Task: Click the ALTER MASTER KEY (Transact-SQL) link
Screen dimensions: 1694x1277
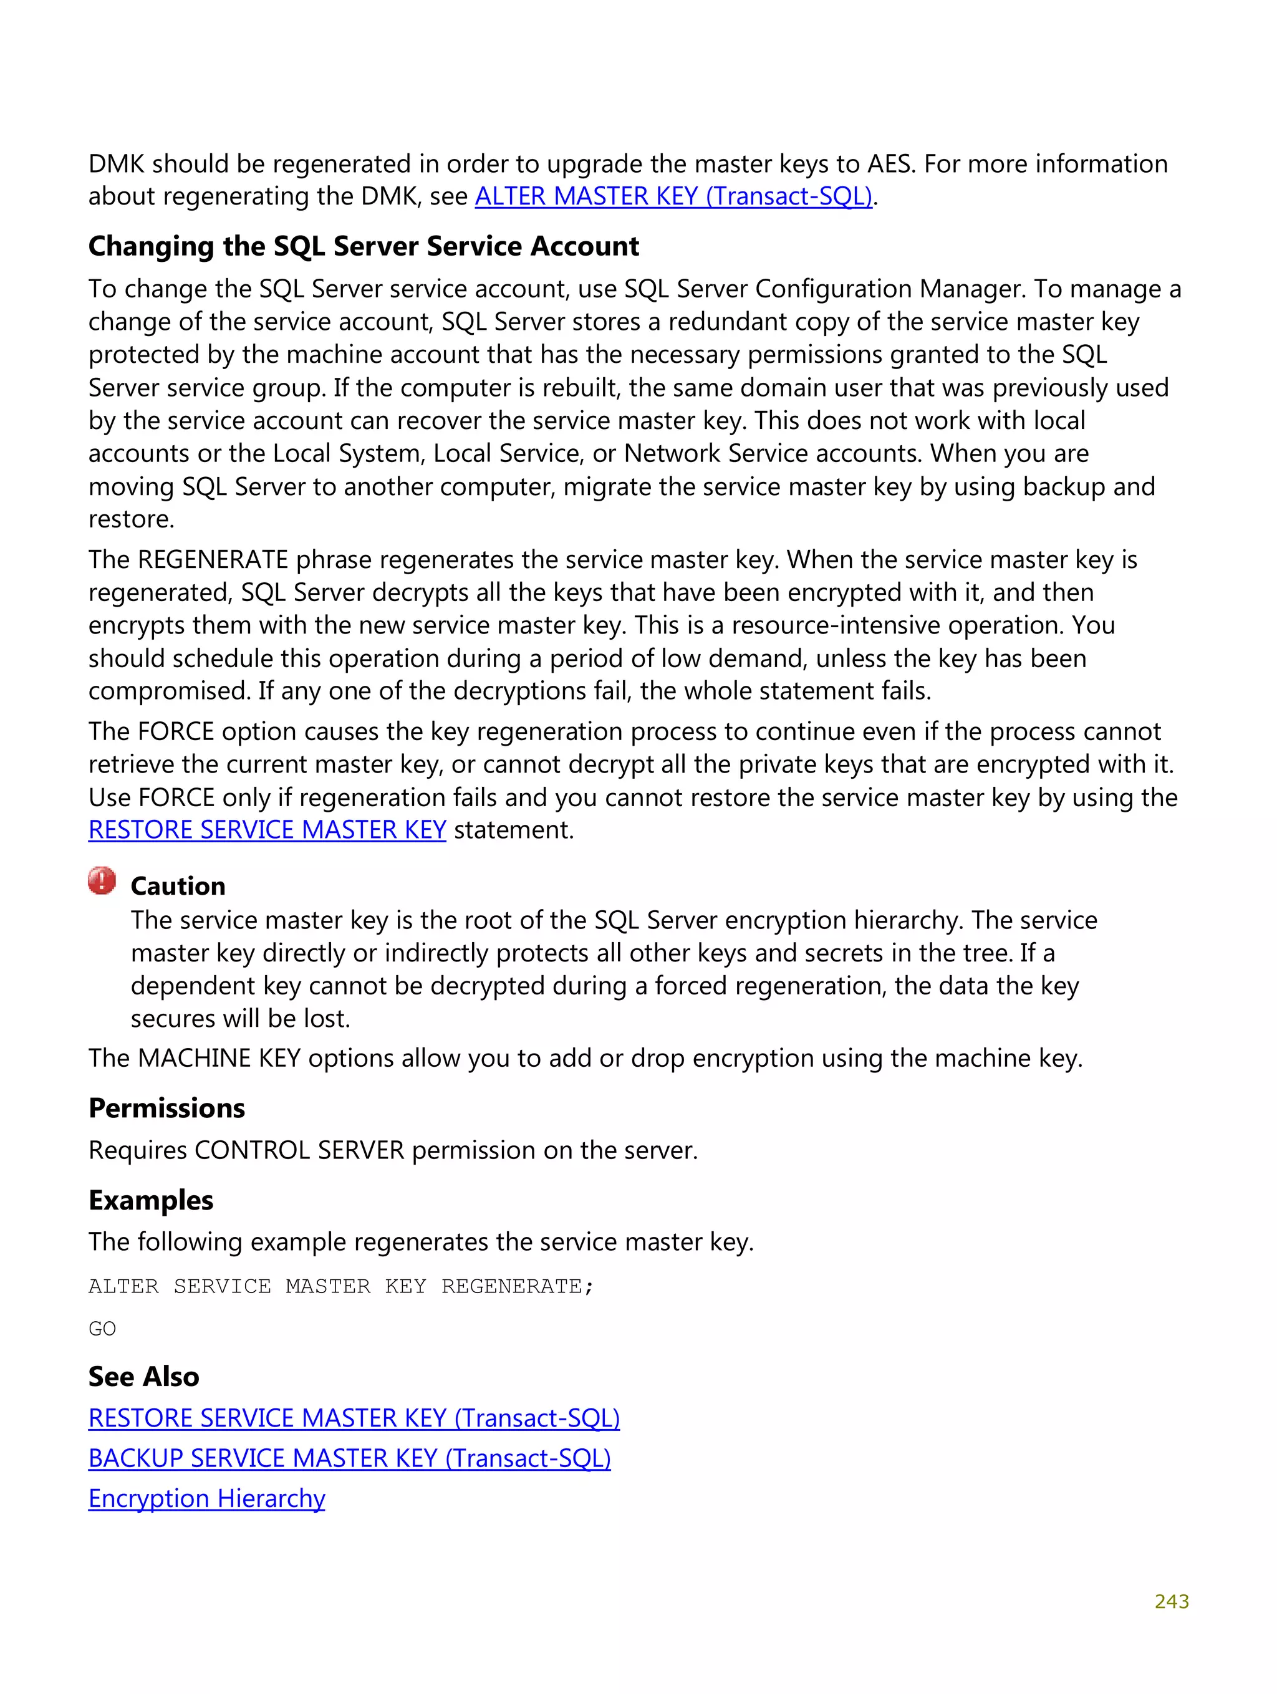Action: click(673, 197)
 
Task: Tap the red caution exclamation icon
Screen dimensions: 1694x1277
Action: click(102, 881)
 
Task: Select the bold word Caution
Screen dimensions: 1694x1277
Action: click(178, 886)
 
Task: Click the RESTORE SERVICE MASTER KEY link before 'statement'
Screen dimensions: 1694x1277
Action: click(267, 830)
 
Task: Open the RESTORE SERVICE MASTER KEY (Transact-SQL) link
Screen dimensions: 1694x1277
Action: click(354, 1418)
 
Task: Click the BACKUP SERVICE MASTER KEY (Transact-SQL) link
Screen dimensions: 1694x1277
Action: click(349, 1458)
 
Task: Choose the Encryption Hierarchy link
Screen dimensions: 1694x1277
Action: click(207, 1498)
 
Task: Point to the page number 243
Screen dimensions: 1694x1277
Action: click(1171, 1601)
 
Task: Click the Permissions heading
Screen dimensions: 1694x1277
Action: click(167, 1108)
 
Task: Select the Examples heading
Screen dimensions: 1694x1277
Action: click(151, 1200)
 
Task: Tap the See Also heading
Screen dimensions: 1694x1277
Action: click(144, 1376)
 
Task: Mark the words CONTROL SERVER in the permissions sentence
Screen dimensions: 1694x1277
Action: click(299, 1150)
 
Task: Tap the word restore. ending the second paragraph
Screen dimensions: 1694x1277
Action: click(131, 519)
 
